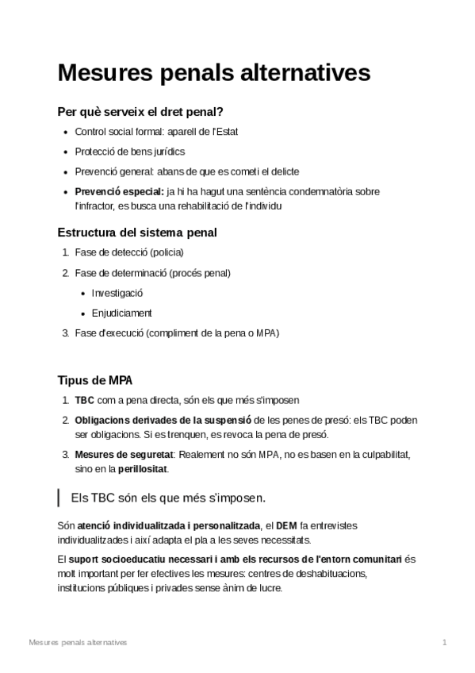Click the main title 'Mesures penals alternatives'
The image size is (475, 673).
(x=213, y=73)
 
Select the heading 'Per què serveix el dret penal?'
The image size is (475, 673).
(x=146, y=112)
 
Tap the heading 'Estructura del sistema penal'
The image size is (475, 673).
(x=137, y=233)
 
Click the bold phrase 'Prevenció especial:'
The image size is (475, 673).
(x=119, y=191)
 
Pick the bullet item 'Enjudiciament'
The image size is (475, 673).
(x=121, y=313)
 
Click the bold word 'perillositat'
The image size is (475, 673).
(x=143, y=468)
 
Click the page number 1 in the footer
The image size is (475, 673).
(x=445, y=641)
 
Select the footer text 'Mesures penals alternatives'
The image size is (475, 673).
(x=77, y=641)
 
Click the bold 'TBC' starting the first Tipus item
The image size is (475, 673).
(x=83, y=400)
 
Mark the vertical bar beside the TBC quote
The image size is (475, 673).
(x=59, y=498)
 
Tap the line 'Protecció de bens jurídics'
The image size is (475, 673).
(x=130, y=152)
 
